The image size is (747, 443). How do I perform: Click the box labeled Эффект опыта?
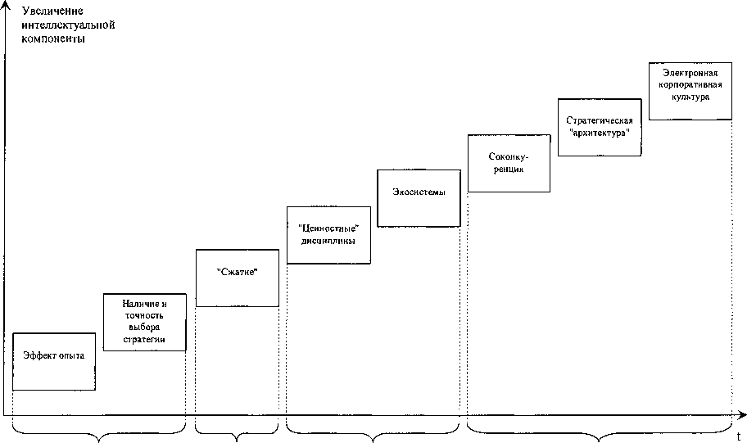coord(54,361)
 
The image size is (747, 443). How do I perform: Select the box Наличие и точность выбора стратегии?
coord(146,321)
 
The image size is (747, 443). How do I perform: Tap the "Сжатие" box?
coord(238,278)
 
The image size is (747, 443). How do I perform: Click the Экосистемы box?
coord(418,197)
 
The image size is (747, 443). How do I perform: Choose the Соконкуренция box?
coord(509,163)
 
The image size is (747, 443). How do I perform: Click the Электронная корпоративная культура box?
coord(690,90)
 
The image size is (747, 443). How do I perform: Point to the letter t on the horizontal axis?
coord(738,436)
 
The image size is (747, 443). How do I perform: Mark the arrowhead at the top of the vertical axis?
coord(7,7)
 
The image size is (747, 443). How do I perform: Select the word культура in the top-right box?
coord(690,97)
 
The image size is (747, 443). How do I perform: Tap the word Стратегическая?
coord(600,120)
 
